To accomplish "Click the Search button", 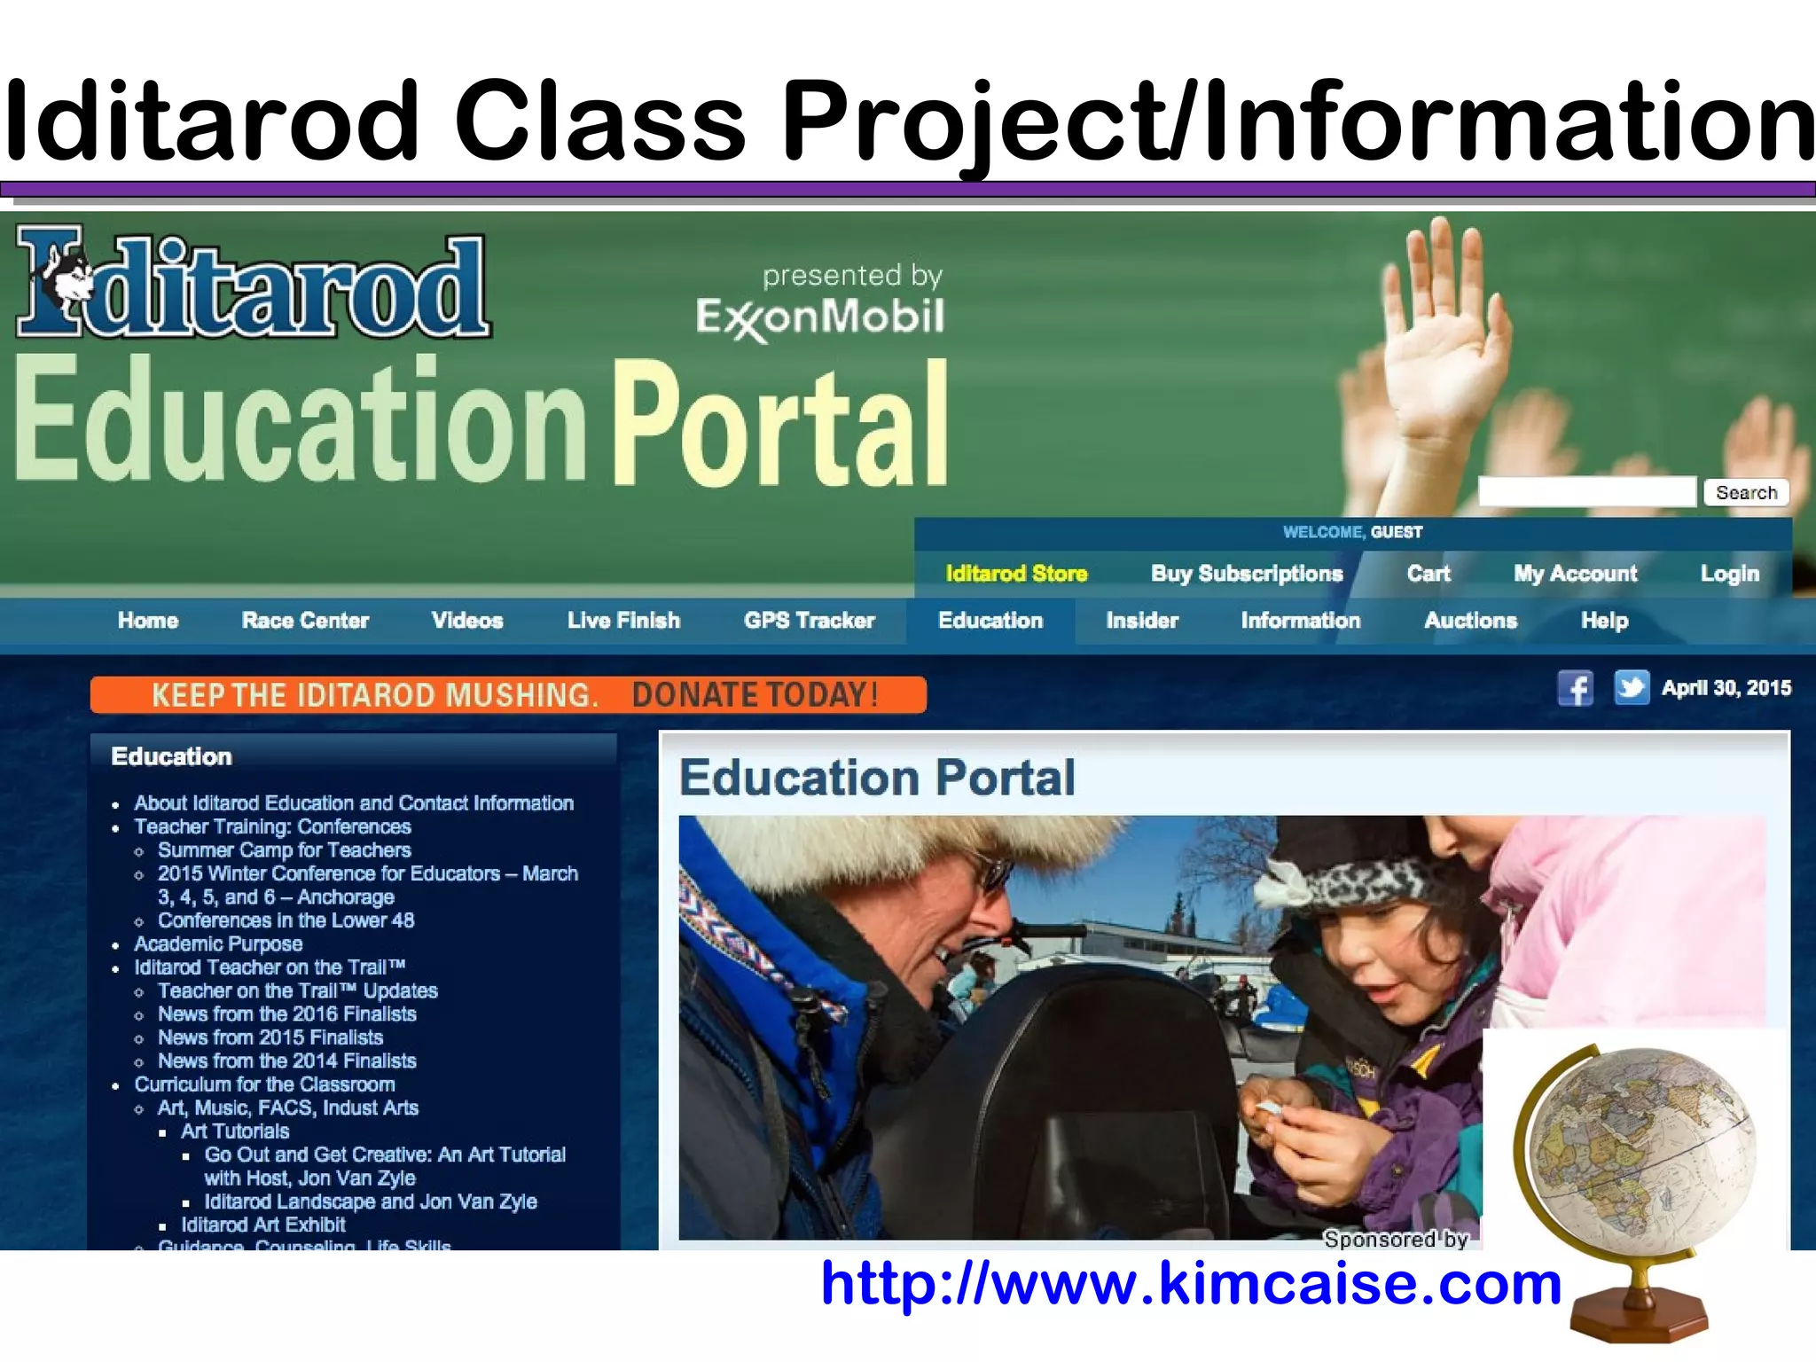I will coord(1746,492).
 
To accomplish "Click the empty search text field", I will coord(1586,492).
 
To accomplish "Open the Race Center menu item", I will coord(305,621).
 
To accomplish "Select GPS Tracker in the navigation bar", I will coord(809,621).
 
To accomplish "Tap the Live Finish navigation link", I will coord(623,621).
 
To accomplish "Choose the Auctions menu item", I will coord(1470,621).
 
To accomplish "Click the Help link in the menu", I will coord(1604,621).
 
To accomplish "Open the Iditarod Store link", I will coord(1016,574).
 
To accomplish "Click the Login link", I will coord(1729,574).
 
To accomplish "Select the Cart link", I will coord(1429,574).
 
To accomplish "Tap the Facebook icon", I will coord(1575,688).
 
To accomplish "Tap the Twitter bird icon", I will coord(1631,687).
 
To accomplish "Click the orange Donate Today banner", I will coord(508,694).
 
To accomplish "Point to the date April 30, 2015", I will coord(1726,688).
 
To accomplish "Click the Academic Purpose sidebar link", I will coord(218,943).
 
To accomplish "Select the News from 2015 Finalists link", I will coord(270,1037).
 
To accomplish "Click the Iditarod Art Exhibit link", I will coord(263,1225).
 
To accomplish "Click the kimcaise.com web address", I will coord(1190,1283).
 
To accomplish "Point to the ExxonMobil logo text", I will coord(820,317).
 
